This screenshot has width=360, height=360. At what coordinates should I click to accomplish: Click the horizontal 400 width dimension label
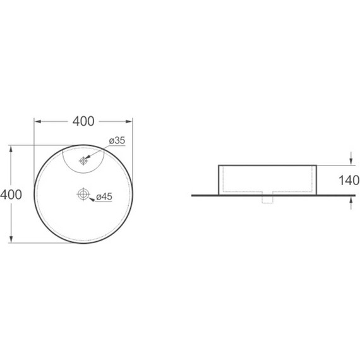pos(83,121)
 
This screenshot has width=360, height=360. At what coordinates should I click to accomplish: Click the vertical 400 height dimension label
pos(11,195)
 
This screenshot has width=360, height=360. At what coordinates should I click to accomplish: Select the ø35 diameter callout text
pos(117,140)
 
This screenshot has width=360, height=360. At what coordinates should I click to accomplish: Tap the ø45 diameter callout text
pos(104,196)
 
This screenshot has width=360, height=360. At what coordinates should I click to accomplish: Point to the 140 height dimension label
pos(349,180)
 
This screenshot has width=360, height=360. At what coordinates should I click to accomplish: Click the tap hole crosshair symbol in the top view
pos(83,160)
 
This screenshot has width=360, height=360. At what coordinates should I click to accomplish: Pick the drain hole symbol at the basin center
pos(83,195)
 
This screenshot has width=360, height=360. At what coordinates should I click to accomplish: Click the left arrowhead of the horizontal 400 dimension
pos(38,121)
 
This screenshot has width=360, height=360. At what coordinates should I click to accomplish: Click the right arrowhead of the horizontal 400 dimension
pos(129,121)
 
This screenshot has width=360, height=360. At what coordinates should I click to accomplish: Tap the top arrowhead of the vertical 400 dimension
pos(11,149)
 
